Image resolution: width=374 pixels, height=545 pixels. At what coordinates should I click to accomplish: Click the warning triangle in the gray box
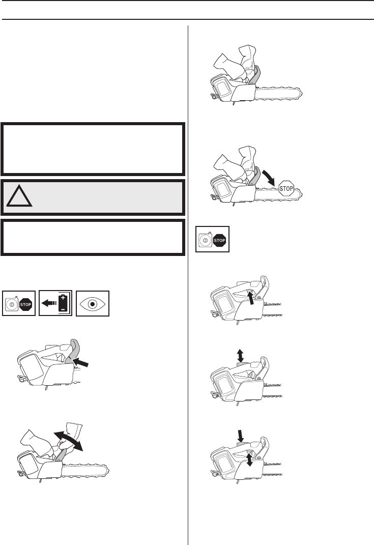(x=19, y=196)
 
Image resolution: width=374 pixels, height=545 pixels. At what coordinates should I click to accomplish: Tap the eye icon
(x=93, y=303)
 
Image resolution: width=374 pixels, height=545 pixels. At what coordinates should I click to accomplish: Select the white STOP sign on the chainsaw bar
(x=286, y=188)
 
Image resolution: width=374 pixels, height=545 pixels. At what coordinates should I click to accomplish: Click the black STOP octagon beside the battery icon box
(x=25, y=304)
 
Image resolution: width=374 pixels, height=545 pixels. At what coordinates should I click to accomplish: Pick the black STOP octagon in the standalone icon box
(x=219, y=240)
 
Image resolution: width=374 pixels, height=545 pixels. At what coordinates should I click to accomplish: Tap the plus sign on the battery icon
(x=63, y=298)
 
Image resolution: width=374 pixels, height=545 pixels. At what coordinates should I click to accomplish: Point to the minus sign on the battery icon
(x=63, y=309)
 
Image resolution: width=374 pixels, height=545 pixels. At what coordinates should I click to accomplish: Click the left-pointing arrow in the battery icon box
(x=49, y=303)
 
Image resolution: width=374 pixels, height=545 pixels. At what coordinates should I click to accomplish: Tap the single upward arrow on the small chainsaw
(x=250, y=298)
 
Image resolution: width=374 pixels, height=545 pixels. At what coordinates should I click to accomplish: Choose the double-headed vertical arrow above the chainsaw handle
(x=240, y=356)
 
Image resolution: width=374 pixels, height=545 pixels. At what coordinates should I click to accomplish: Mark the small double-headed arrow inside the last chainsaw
(x=249, y=458)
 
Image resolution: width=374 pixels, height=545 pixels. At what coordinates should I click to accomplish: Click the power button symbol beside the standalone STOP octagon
(x=205, y=240)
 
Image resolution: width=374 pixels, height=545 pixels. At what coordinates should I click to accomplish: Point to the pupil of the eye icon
(x=93, y=304)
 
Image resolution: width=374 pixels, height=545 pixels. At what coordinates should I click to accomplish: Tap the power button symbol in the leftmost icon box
(x=12, y=305)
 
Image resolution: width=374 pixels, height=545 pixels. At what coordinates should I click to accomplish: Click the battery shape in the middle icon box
(x=63, y=303)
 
